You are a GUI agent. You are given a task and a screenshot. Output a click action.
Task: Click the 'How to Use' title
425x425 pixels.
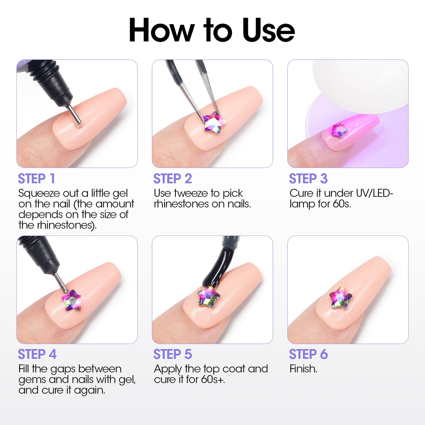click(212, 30)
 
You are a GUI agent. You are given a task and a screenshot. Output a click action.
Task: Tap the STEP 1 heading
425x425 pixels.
click(36, 179)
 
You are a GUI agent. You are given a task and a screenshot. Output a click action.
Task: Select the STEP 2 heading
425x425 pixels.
click(173, 179)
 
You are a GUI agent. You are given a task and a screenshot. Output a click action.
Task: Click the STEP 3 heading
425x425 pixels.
click(308, 179)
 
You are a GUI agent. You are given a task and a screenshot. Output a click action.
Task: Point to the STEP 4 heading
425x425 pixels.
click(37, 354)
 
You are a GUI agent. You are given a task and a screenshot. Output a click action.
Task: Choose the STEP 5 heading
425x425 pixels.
click(173, 354)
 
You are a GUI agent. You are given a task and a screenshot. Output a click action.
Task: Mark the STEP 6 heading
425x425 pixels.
click(308, 354)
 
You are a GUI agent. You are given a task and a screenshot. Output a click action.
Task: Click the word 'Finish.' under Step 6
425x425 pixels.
click(303, 369)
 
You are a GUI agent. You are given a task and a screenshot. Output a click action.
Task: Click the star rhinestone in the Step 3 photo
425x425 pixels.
click(339, 130)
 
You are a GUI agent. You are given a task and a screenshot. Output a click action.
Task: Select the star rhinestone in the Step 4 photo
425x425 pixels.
click(73, 300)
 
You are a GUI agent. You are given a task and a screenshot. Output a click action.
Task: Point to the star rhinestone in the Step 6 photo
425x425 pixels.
click(340, 298)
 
